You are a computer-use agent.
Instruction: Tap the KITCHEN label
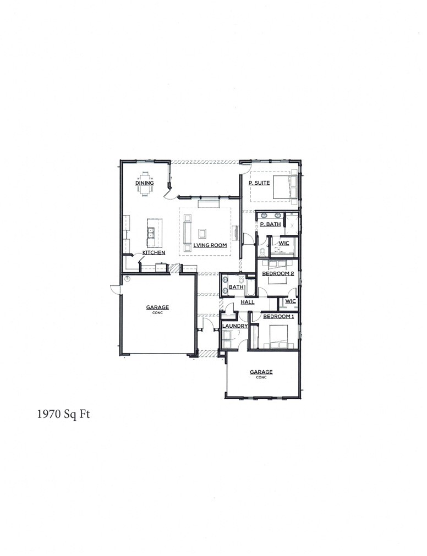[154, 252]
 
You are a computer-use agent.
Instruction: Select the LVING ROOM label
[211, 245]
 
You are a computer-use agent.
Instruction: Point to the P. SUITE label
[259, 183]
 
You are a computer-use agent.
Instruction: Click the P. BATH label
[270, 224]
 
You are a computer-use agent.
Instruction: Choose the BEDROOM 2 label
[278, 273]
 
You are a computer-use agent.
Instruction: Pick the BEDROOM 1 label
[278, 317]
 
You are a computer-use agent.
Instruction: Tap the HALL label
[247, 302]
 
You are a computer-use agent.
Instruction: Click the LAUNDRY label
[235, 326]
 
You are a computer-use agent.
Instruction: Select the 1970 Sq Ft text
[63, 414]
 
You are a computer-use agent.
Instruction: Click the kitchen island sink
[150, 235]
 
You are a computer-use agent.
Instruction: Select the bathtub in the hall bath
[250, 287]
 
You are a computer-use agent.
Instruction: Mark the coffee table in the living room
[202, 233]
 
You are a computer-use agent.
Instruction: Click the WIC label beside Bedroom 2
[291, 301]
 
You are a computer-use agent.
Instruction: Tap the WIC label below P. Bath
[284, 243]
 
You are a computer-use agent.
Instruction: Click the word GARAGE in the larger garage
[157, 307]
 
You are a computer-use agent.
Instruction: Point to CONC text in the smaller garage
[261, 377]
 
